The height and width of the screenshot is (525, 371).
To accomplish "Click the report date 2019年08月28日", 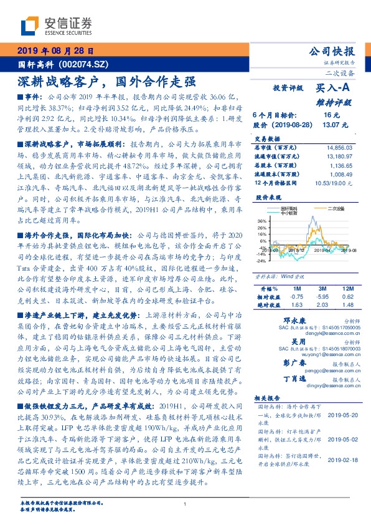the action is (55, 51).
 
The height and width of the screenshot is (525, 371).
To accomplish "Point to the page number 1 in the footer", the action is (185, 504).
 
